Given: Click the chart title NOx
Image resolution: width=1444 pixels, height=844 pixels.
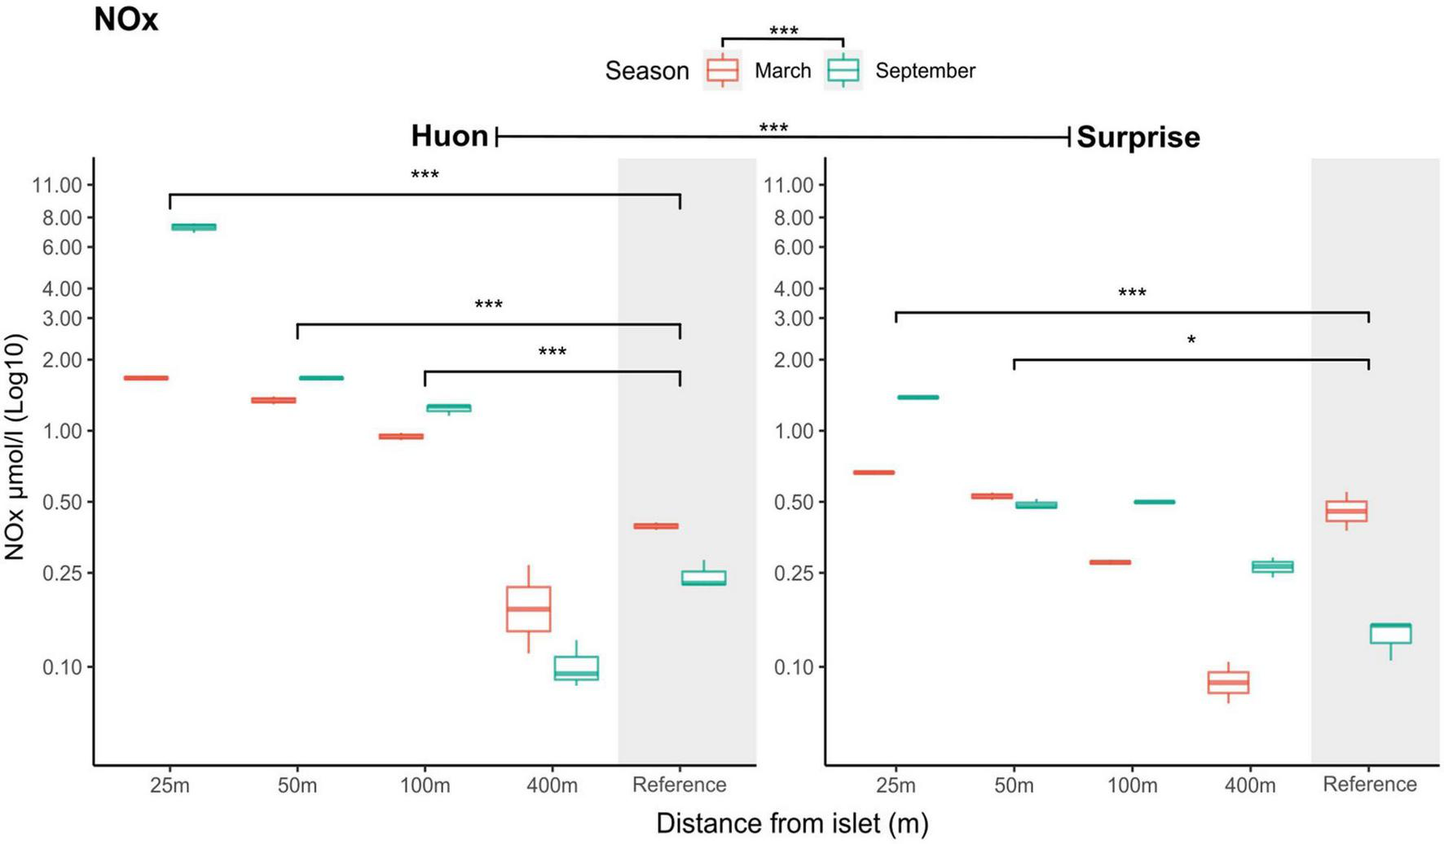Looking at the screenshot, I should (125, 20).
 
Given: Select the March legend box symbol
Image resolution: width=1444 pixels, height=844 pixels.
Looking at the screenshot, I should (722, 71).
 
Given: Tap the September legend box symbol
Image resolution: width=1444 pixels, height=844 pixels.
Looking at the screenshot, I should (843, 71).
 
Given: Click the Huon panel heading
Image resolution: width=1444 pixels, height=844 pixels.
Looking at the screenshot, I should (449, 136).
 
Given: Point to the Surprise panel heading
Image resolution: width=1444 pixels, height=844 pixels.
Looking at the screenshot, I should (1138, 137).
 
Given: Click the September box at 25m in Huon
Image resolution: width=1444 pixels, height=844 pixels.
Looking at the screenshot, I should (194, 226).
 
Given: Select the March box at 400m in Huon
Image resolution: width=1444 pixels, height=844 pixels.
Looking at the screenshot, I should (528, 609).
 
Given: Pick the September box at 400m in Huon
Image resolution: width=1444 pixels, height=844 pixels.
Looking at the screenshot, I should (576, 668).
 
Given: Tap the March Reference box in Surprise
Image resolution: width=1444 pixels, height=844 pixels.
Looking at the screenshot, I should (1346, 511).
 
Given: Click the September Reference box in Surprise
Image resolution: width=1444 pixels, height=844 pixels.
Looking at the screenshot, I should (1390, 633).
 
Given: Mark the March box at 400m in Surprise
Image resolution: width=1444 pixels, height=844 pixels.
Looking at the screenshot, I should (1228, 682).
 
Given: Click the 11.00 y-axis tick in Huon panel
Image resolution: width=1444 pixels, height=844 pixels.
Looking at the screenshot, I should (57, 186).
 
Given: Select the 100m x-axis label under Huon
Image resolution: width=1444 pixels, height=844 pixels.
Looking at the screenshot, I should (425, 786).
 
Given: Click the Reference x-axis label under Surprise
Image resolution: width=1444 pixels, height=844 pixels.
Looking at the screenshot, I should (1369, 785).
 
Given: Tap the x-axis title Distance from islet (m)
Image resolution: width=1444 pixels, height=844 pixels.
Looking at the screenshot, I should (792, 824).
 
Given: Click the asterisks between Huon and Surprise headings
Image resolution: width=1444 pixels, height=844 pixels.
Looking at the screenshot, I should (773, 129).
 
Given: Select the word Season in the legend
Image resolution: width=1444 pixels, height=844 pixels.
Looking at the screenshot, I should (647, 72).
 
